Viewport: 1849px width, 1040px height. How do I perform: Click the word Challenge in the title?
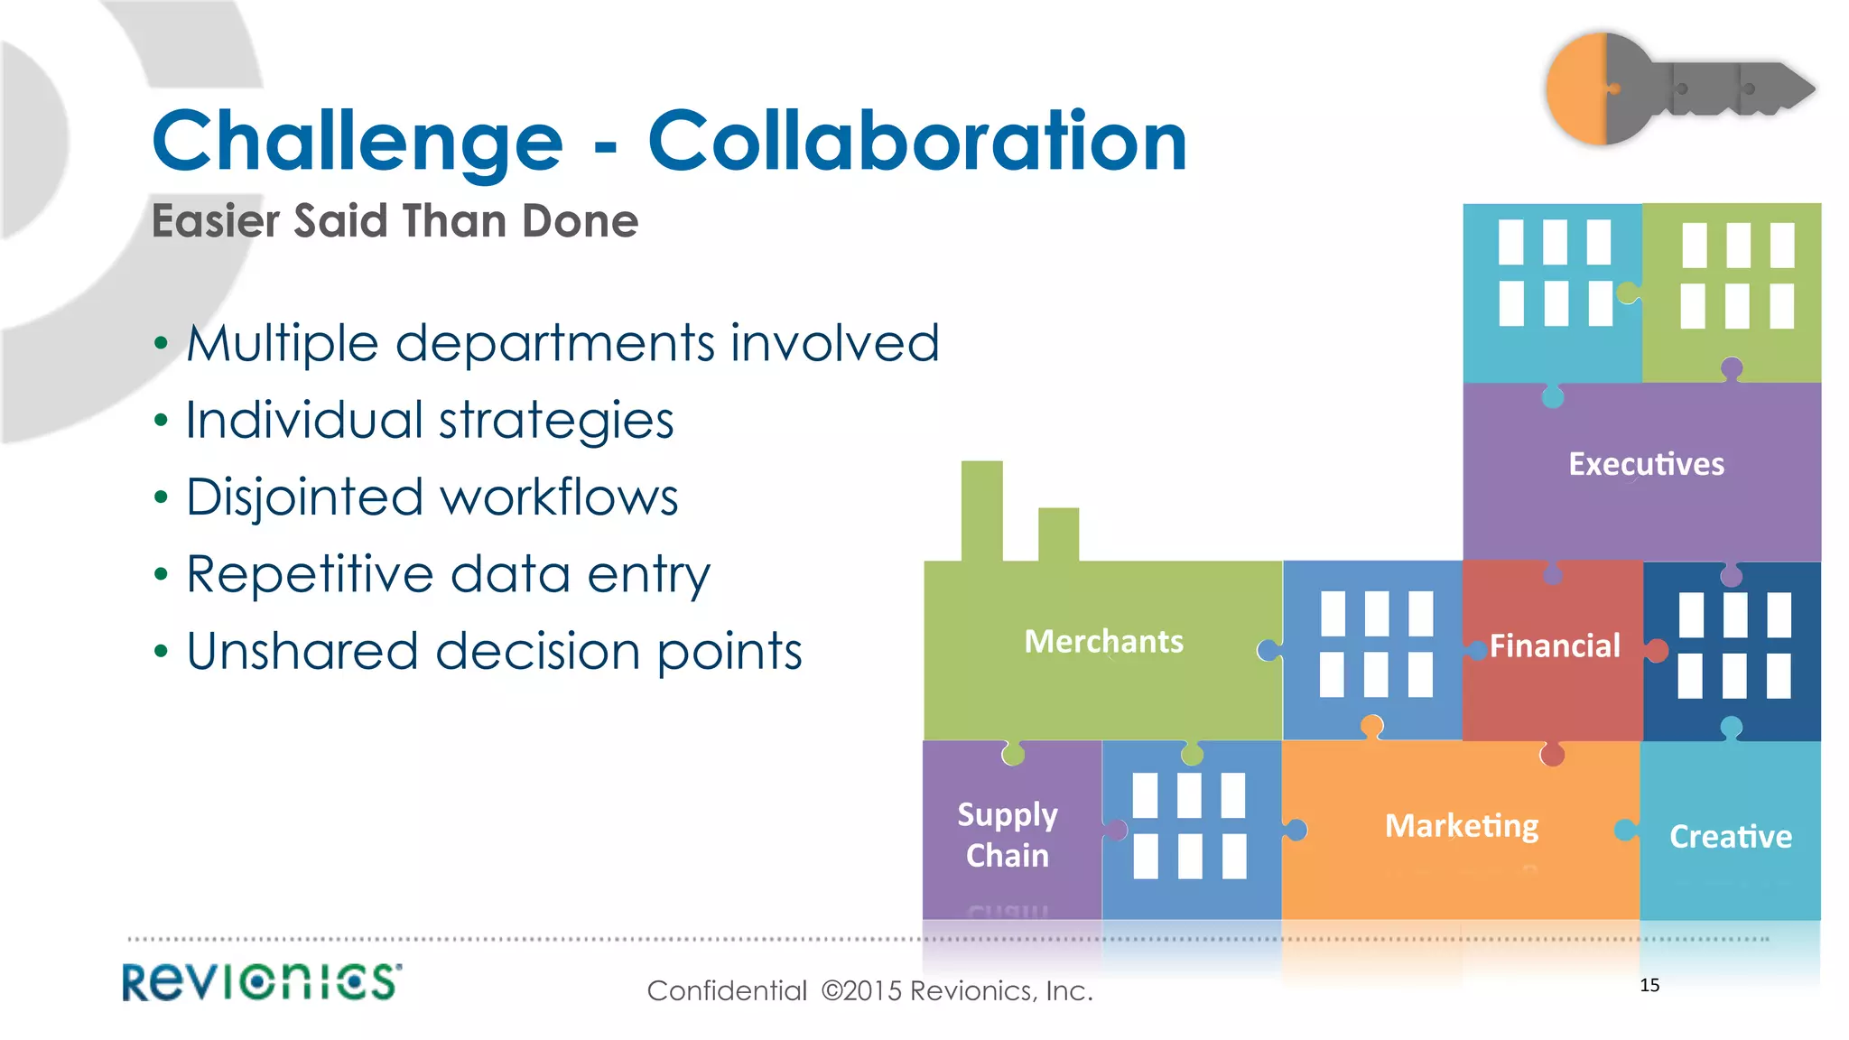[358, 142]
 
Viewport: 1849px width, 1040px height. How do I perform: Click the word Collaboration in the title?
[916, 142]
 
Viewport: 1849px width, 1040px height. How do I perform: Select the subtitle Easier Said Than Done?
[395, 221]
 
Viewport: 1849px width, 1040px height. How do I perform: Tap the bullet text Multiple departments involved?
[562, 343]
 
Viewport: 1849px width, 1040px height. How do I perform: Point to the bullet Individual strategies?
[430, 420]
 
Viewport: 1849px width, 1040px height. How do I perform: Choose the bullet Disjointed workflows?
[432, 497]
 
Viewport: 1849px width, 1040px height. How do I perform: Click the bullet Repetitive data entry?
[448, 574]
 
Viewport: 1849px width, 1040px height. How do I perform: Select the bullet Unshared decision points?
[494, 651]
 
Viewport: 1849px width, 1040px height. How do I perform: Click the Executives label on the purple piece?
[1646, 464]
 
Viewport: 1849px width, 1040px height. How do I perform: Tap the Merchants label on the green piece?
[1103, 642]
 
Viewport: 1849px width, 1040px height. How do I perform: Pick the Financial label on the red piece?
[1555, 646]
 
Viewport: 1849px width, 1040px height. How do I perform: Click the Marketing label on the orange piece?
[1462, 826]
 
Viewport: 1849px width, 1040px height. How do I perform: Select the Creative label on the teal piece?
[1731, 837]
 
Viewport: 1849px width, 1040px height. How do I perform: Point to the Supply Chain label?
[1008, 835]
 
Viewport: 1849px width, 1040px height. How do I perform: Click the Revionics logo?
[262, 982]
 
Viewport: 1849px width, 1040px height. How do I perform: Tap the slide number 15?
[1649, 985]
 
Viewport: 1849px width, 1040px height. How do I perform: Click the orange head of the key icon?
[1576, 88]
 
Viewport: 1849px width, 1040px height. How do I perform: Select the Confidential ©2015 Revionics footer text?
[869, 991]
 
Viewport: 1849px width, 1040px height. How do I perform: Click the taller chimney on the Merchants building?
[981, 510]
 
